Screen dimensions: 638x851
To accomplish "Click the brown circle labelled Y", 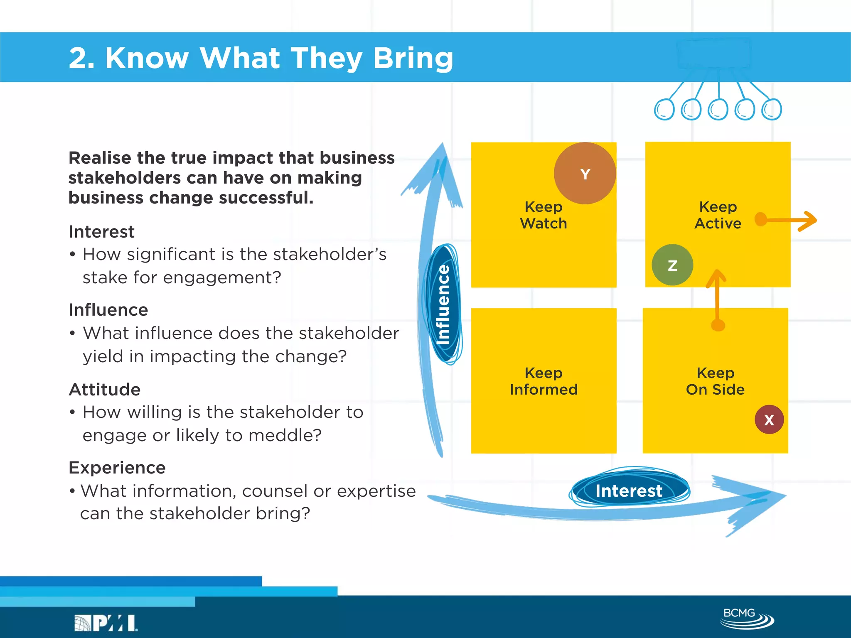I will (x=585, y=173).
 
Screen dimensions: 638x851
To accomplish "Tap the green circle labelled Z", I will (x=672, y=265).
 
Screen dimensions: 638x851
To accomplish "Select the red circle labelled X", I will (x=769, y=420).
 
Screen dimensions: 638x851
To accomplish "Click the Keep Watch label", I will (x=543, y=215).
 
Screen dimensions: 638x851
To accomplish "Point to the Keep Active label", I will (x=718, y=215).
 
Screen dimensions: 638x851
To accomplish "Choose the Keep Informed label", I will (x=543, y=381).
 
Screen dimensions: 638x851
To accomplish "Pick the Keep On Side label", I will (x=715, y=381).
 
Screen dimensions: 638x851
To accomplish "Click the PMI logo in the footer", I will (x=106, y=623).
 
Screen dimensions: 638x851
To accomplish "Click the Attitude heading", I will (x=105, y=390).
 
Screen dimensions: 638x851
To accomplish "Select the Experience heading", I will (x=117, y=468).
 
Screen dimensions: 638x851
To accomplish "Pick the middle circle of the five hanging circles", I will (x=718, y=110).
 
